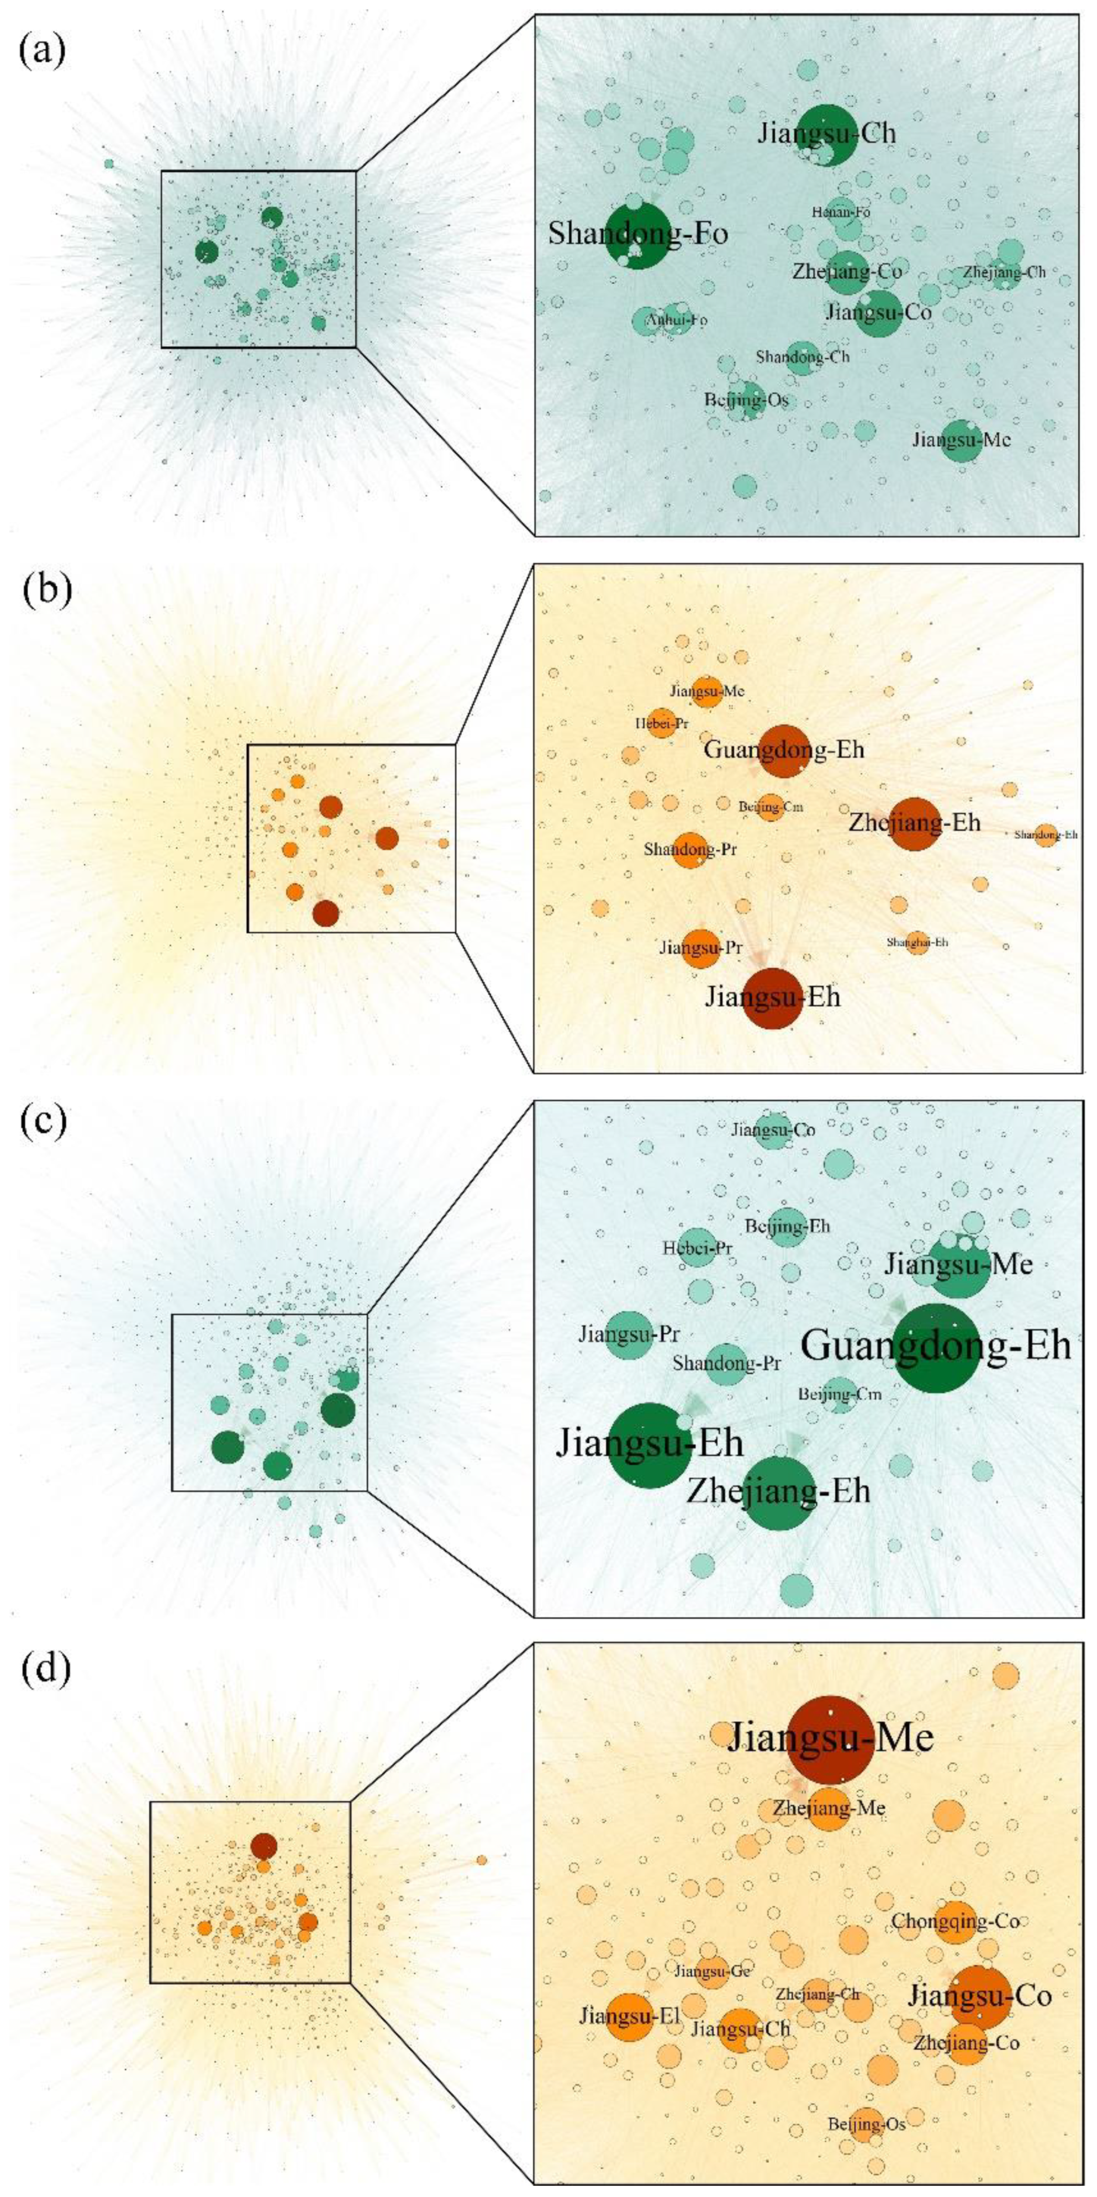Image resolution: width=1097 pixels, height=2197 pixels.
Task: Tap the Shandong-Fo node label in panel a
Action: [x=637, y=233]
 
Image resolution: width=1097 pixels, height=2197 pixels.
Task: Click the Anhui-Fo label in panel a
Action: [x=676, y=320]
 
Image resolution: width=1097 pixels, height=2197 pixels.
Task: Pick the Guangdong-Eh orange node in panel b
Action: [x=783, y=750]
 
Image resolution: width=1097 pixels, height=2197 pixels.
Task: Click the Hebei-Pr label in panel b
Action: [x=661, y=724]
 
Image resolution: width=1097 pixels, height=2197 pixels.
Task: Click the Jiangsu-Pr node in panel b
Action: [x=700, y=948]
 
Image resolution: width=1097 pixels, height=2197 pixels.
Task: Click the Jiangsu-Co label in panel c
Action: [x=773, y=1130]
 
